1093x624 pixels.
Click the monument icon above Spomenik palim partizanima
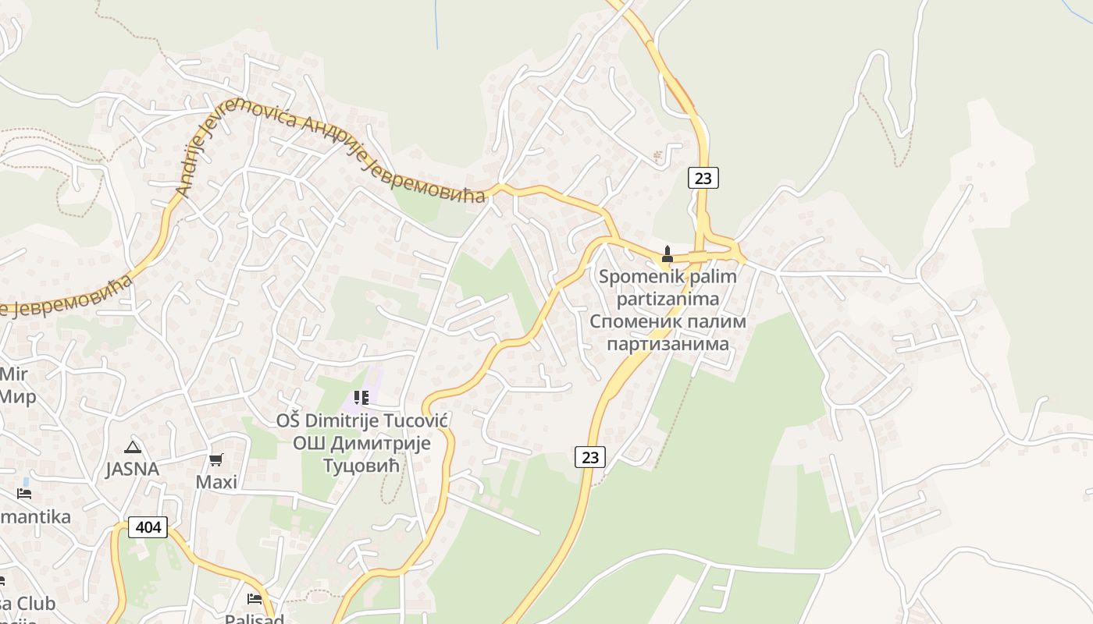[667, 253]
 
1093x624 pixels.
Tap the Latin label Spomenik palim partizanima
[668, 287]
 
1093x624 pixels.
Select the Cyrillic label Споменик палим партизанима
[668, 332]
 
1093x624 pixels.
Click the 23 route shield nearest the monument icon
[703, 178]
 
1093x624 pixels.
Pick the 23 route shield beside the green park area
[589, 457]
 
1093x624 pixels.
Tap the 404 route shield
[148, 527]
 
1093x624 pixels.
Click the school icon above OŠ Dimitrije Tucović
[361, 398]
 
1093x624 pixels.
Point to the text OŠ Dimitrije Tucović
[361, 421]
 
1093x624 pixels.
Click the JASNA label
[133, 470]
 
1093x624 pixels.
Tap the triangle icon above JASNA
[133, 448]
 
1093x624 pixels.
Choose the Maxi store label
[216, 482]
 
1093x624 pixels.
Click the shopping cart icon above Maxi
[216, 460]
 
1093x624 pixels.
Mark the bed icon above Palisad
[255, 599]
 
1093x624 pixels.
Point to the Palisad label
[254, 619]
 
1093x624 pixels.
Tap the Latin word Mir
[13, 374]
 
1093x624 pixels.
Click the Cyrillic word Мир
[17, 396]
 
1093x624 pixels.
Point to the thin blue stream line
[436, 27]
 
